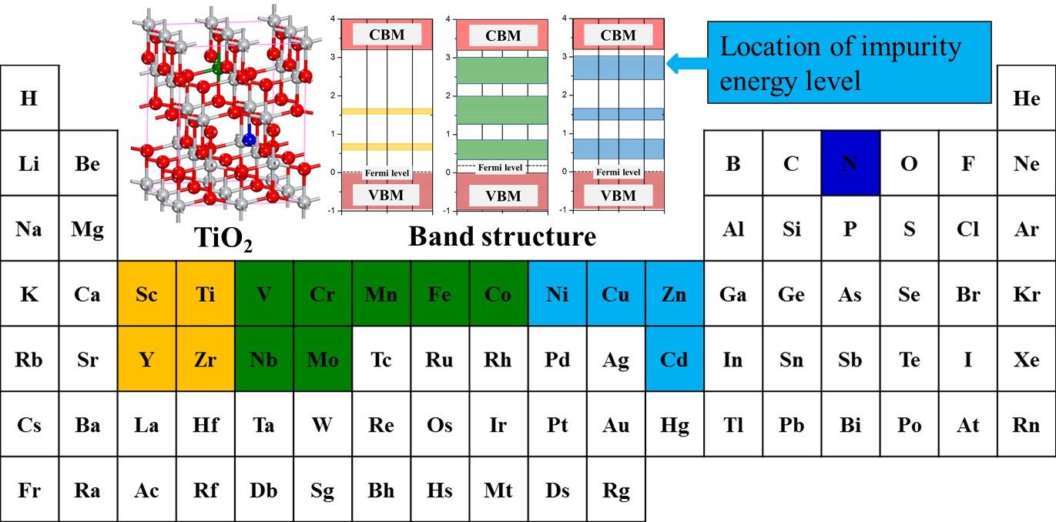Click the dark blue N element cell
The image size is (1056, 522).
[850, 163]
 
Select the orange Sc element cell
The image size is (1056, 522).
[147, 294]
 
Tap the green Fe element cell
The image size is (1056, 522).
[440, 294]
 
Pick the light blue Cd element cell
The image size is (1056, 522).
[675, 359]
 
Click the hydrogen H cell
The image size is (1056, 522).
[29, 98]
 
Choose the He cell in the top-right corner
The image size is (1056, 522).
[1026, 98]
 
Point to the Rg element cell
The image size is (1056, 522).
[616, 490]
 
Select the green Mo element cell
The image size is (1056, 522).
[323, 359]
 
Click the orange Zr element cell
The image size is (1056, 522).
[206, 359]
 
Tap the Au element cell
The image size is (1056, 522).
[616, 424]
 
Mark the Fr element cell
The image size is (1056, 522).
[29, 490]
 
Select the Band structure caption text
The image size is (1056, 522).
[502, 236]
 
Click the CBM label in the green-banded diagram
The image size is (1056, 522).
[502, 35]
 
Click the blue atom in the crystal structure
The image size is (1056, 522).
[248, 139]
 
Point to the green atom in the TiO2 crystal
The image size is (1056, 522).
[218, 69]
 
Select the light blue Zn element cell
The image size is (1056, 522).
[675, 294]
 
